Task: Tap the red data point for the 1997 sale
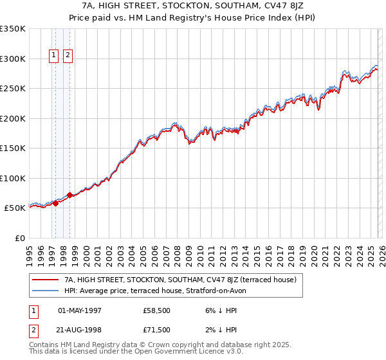click(x=55, y=203)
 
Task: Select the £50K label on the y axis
click(x=15, y=208)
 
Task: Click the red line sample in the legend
click(x=46, y=280)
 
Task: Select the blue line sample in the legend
click(x=46, y=291)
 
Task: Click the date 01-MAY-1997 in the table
click(x=79, y=310)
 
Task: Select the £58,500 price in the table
click(x=157, y=310)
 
